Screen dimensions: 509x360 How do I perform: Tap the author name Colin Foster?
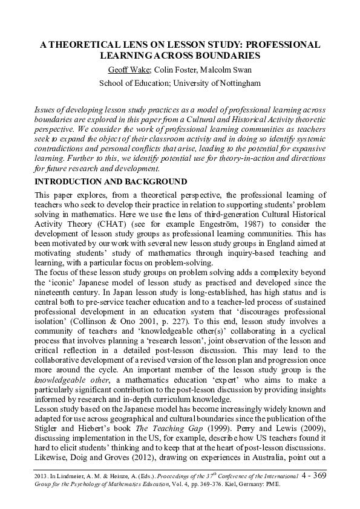174,70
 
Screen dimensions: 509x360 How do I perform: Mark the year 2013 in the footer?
42,478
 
